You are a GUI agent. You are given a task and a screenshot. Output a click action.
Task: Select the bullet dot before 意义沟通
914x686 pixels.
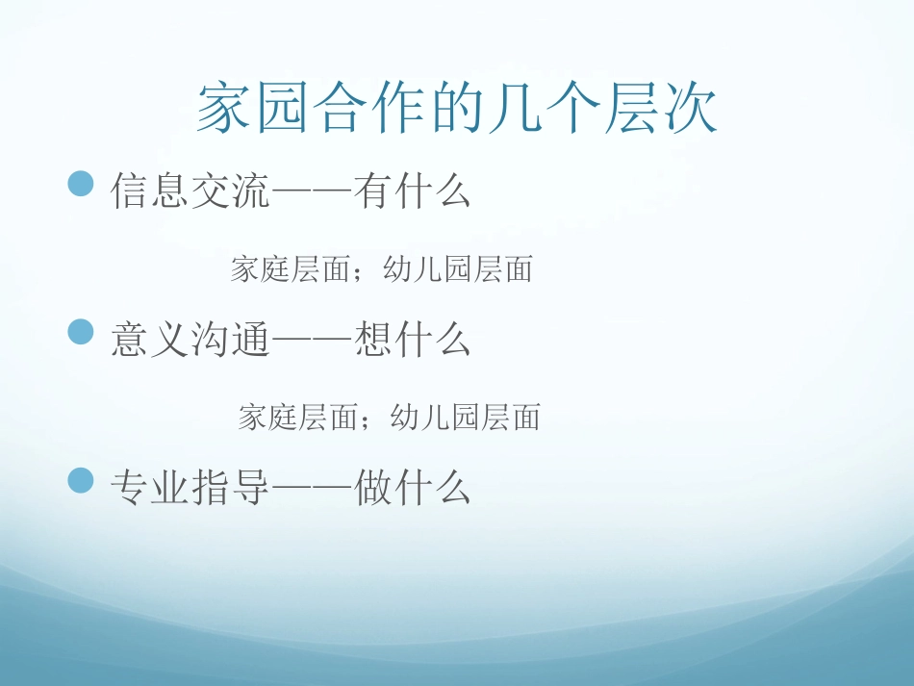(82, 332)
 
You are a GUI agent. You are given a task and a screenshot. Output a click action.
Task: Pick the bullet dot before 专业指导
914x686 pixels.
(82, 480)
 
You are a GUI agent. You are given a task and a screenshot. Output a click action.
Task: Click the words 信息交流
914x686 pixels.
(190, 191)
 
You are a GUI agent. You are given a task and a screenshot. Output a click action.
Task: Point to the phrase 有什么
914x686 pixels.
(412, 191)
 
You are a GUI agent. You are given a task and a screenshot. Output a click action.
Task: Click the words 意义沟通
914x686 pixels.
(190, 340)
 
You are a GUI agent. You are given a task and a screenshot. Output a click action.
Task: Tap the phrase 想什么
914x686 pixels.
(412, 340)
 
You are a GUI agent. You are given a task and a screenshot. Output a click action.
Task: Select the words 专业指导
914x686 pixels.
(190, 488)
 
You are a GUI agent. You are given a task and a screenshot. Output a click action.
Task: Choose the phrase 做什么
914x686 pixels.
(412, 488)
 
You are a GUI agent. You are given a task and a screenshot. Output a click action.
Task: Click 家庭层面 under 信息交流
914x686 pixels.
(290, 269)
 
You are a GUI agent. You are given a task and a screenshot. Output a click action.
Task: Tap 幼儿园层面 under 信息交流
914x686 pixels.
(458, 269)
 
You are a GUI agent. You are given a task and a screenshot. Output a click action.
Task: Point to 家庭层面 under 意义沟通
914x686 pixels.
(297, 417)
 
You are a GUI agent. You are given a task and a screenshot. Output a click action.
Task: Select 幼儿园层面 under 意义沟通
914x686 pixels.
(466, 417)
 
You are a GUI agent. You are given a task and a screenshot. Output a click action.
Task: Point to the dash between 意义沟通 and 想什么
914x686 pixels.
(313, 341)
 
